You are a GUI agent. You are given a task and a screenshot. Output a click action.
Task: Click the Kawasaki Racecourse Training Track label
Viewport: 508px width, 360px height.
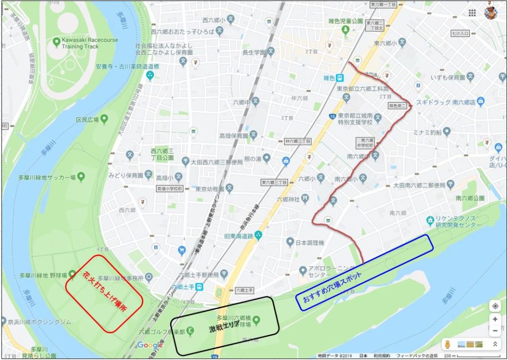tap(80, 43)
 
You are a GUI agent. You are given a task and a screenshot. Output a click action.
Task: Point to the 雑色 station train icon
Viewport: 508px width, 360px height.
tap(340, 78)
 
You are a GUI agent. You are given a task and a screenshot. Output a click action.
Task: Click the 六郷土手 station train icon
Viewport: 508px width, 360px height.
tap(198, 287)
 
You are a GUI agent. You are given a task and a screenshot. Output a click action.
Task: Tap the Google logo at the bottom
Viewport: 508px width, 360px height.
tap(150, 345)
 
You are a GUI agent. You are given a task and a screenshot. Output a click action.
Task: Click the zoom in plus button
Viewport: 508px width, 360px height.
tap(495, 319)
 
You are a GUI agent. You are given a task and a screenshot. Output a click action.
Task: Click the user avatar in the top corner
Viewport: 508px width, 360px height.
tap(491, 12)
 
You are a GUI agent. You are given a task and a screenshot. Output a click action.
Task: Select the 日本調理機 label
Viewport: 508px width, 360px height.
tap(309, 242)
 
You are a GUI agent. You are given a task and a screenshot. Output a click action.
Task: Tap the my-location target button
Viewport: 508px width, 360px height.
tap(495, 305)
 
